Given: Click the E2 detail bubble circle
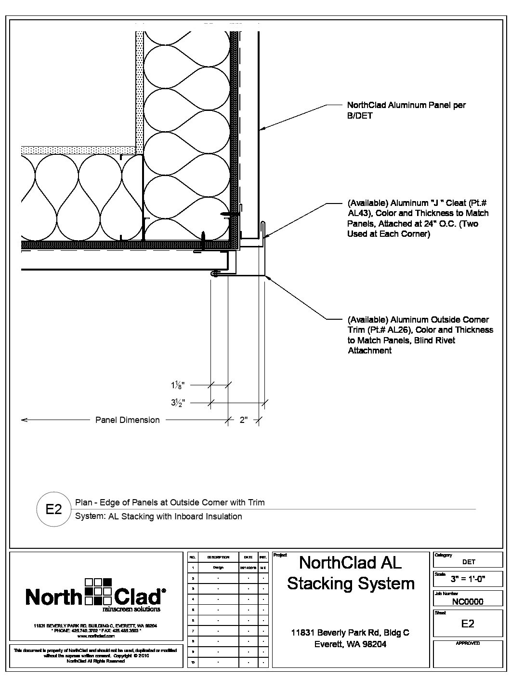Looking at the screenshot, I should [53, 509].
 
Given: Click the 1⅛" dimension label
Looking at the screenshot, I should [177, 385].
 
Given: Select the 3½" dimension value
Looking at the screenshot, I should [178, 402].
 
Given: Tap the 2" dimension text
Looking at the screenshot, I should [244, 420].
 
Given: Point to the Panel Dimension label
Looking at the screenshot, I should [127, 420].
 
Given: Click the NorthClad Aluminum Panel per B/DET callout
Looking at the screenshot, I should [406, 110].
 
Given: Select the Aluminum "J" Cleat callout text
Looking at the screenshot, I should [418, 218].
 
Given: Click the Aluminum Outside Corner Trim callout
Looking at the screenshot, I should [420, 335].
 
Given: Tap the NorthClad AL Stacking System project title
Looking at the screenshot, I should [351, 572].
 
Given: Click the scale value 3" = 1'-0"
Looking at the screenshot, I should [468, 579].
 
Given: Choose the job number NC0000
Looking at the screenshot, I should [468, 601].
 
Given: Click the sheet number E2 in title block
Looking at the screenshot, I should [468, 624].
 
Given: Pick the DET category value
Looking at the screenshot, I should [468, 561].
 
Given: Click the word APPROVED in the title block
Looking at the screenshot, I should [468, 643].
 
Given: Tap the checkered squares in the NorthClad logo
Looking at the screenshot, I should [98, 591].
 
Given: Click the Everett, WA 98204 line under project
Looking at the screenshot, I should [350, 644].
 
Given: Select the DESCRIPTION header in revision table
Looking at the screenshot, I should [218, 557].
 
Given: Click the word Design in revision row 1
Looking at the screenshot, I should [218, 568].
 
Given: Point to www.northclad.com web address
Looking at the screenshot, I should [95, 636].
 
